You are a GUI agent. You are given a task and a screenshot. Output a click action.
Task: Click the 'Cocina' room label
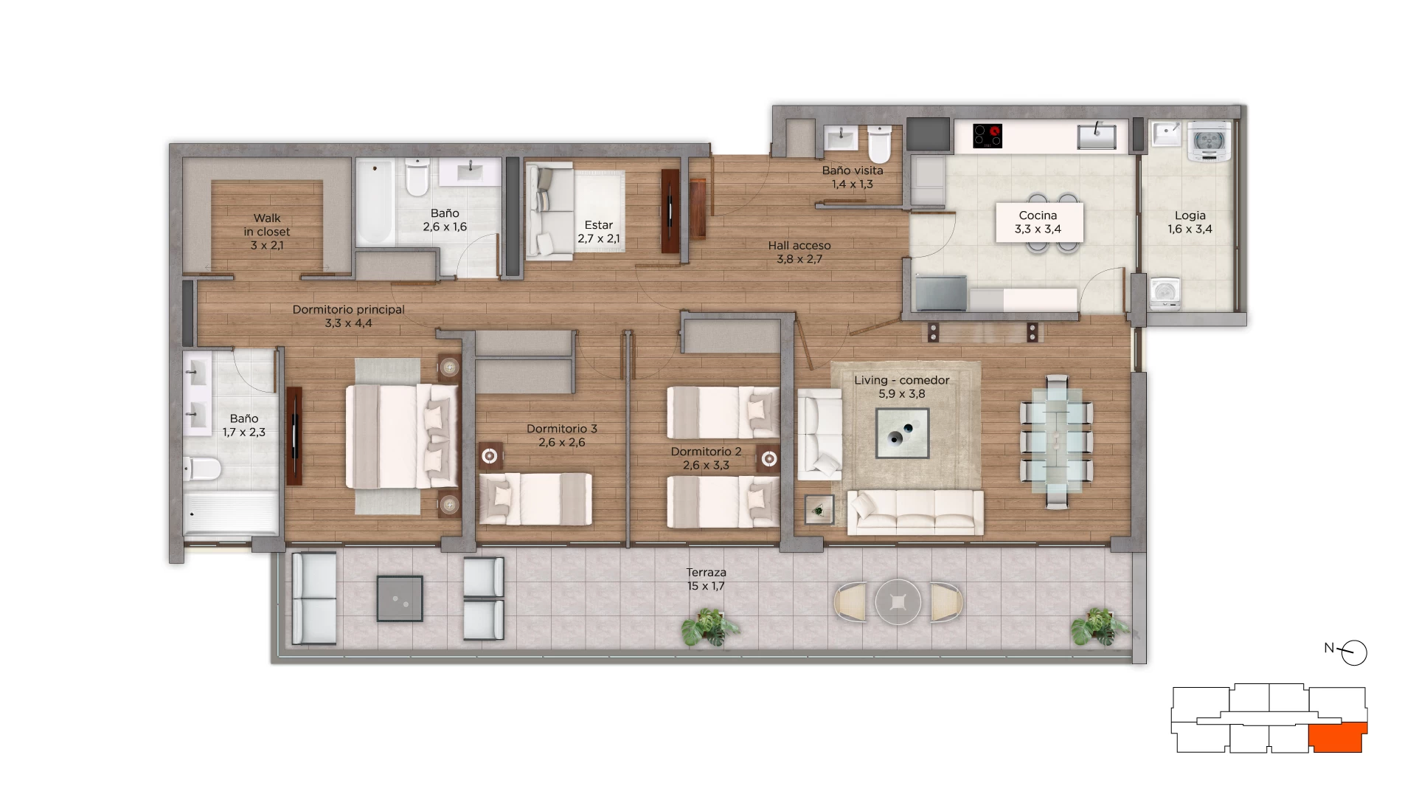[1038, 215]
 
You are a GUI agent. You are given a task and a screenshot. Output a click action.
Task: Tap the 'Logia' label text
[1190, 215]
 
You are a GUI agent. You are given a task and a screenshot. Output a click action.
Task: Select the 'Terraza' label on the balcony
[706, 572]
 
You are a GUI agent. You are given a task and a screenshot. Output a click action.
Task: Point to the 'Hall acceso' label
[799, 246]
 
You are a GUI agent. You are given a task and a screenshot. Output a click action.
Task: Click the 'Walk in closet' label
[267, 224]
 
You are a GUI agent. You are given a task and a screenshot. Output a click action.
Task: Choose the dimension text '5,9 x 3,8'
[901, 394]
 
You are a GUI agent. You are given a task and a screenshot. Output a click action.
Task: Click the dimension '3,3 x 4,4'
[348, 323]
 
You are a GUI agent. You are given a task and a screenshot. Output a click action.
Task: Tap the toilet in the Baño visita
[879, 143]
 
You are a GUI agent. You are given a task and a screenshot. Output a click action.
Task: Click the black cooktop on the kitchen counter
[988, 136]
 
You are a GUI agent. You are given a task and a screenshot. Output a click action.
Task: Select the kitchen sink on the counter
[1097, 137]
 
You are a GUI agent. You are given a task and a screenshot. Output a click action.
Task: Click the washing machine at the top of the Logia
[1209, 140]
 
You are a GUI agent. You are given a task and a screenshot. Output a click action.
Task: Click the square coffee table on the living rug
[902, 433]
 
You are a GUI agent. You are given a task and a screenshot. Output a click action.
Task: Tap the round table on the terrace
[898, 602]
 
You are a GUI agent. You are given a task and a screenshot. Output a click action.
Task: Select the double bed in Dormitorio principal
[403, 435]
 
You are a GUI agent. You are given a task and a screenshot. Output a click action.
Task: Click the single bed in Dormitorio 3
[536, 499]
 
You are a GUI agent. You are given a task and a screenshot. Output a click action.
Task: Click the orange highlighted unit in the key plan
[1336, 738]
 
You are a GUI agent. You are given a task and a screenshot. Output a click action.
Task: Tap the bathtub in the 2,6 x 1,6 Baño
[375, 202]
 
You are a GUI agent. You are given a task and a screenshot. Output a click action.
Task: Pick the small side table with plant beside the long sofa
[819, 509]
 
